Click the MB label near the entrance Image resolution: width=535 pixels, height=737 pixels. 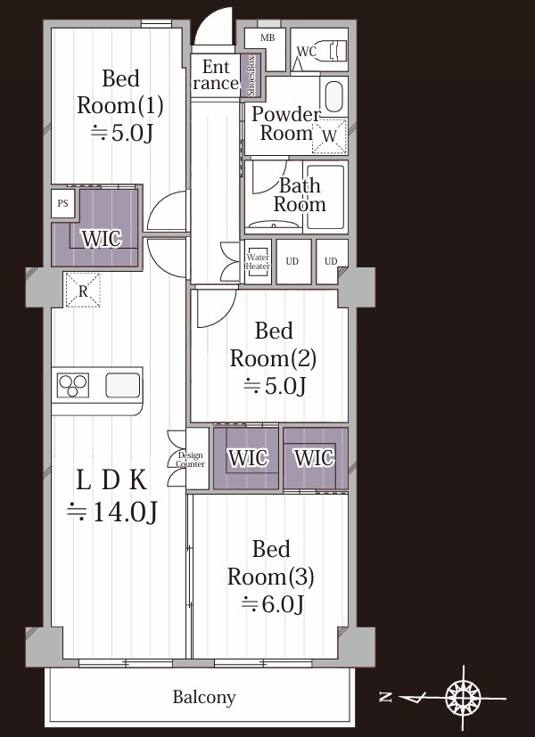click(267, 38)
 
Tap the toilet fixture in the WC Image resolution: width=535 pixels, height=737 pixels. click(333, 50)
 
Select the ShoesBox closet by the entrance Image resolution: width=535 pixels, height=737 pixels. click(251, 76)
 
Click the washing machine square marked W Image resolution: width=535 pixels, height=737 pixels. click(330, 135)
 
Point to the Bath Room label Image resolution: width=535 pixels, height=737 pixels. click(300, 194)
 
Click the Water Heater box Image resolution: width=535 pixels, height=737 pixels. click(258, 261)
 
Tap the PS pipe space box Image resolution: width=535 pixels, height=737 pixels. click(63, 203)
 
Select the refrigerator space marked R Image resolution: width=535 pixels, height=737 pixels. click(83, 291)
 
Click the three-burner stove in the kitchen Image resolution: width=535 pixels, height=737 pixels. click(73, 385)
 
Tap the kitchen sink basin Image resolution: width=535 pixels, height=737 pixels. click(123, 385)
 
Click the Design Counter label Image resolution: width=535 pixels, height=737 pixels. click(191, 460)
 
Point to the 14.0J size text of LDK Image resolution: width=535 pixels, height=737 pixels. click(125, 512)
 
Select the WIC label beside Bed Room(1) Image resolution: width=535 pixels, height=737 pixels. click(102, 238)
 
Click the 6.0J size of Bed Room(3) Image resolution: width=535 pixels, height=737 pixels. click(283, 603)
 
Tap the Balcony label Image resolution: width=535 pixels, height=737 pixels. click(204, 697)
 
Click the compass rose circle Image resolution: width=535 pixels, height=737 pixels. click(463, 698)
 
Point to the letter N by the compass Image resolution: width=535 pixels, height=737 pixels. click(386, 697)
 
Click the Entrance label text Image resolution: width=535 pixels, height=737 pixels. click(216, 75)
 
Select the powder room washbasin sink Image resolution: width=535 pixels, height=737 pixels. click(333, 95)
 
